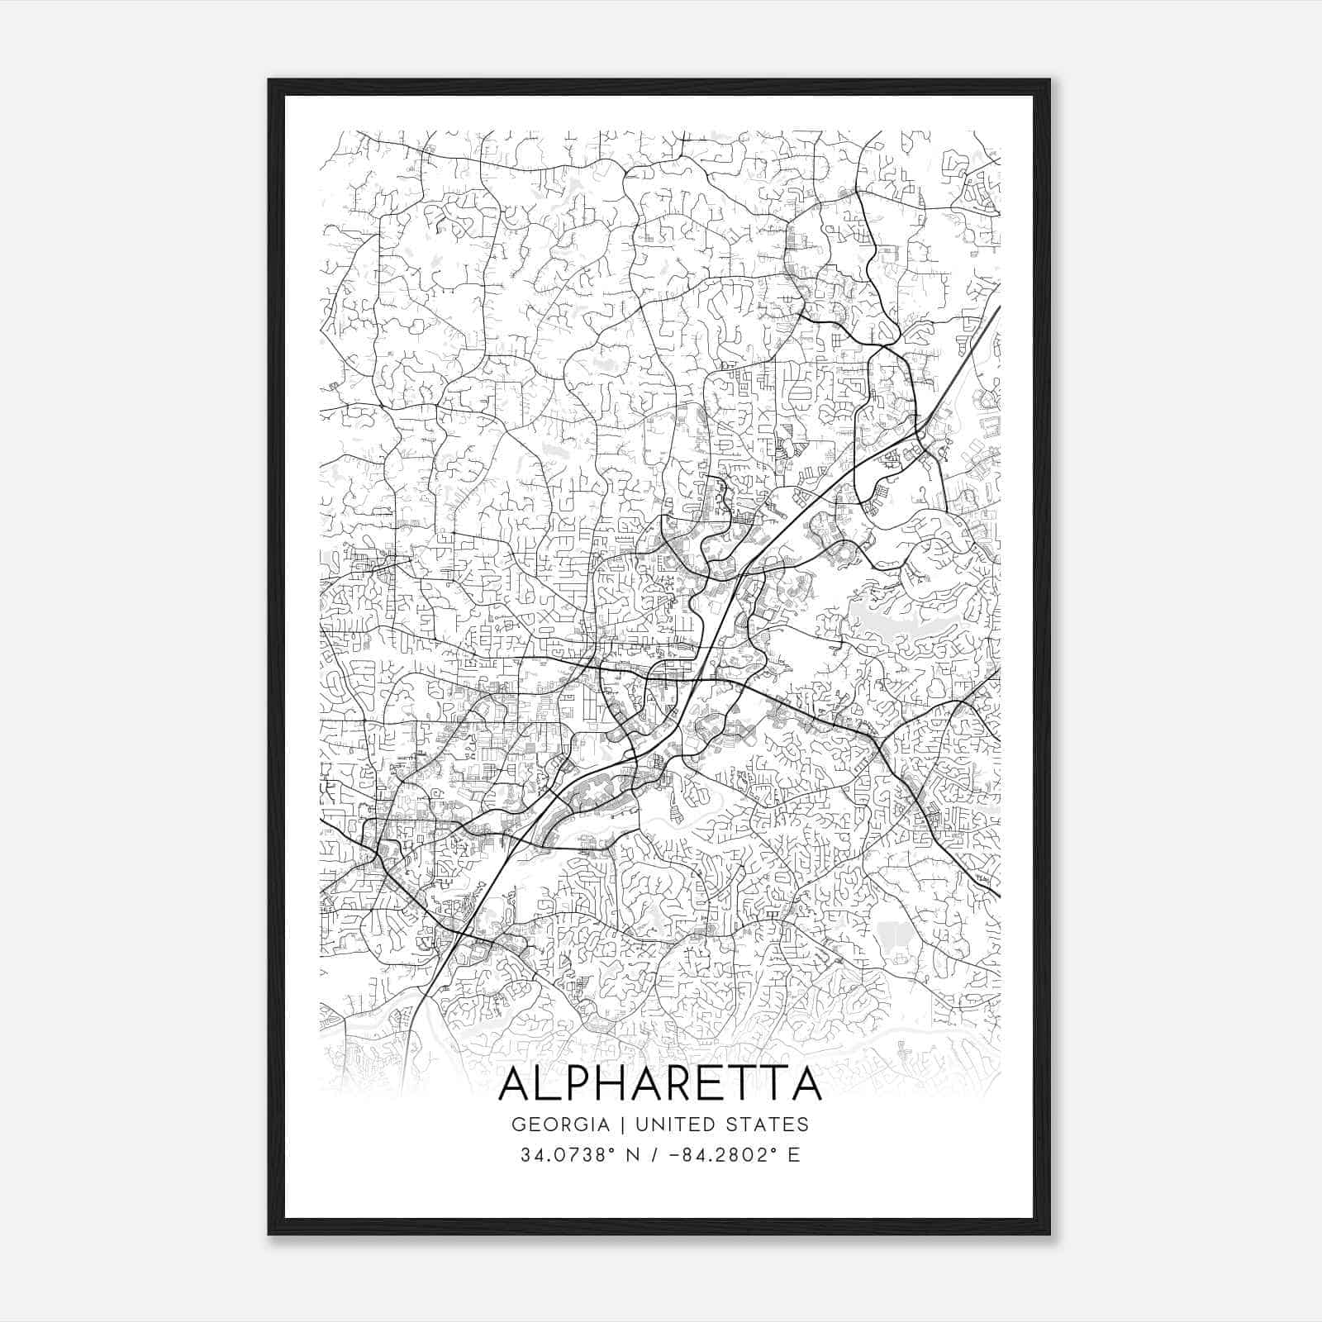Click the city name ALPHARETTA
(x=660, y=1084)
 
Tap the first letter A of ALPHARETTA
(x=516, y=1084)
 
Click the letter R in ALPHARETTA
(x=700, y=1084)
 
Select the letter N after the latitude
(x=635, y=1155)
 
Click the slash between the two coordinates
(x=655, y=1155)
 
